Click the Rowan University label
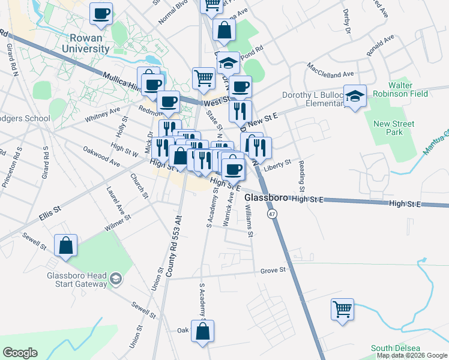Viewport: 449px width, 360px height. tap(77, 40)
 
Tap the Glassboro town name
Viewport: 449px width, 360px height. tap(267, 197)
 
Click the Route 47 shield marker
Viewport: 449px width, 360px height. tap(273, 214)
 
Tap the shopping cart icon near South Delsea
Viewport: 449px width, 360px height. tap(342, 310)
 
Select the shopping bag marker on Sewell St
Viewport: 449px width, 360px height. tap(66, 245)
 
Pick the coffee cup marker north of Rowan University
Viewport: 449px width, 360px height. tap(101, 13)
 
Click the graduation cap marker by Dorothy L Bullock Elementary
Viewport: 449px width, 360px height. tap(355, 97)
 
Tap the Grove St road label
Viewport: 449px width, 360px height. tap(273, 271)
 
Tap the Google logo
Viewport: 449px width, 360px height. tap(20, 353)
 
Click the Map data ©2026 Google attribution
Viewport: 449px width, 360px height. tap(412, 355)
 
